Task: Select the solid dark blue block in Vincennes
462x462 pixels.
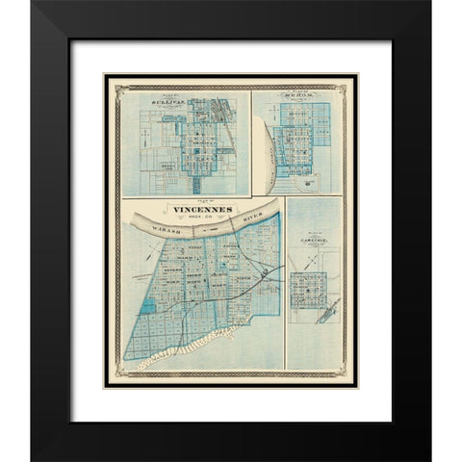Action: coord(147,305)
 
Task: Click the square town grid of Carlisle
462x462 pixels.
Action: coord(309,288)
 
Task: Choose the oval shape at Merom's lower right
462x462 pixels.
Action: coord(306,179)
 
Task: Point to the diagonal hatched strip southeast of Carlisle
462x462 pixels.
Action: coord(328,310)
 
